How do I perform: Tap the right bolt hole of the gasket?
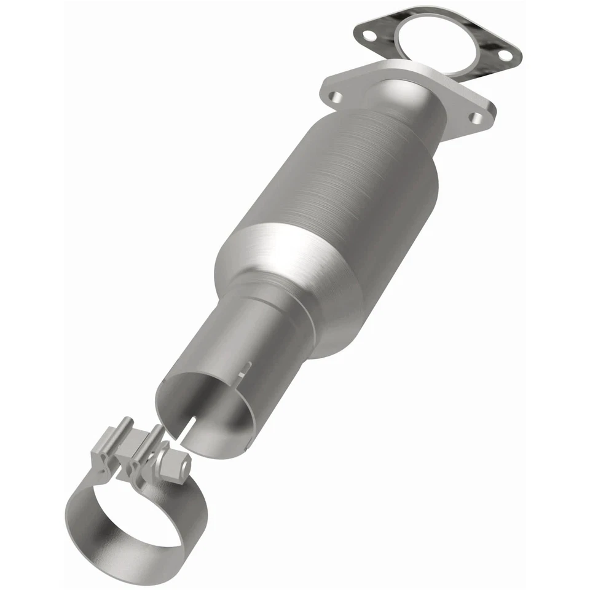[504, 55]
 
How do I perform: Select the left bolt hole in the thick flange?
[336, 97]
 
